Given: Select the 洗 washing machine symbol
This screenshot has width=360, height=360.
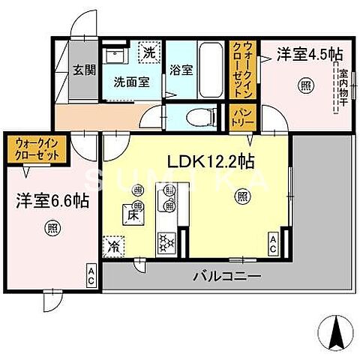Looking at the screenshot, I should [149, 53].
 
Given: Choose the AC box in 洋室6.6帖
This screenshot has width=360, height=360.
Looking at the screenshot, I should [90, 276].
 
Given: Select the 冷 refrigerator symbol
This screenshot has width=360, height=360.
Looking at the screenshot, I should [115, 244].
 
